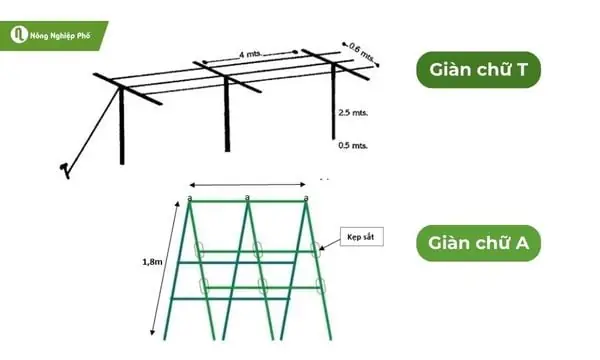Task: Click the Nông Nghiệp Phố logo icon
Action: pos(18,35)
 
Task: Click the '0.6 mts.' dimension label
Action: pos(363,50)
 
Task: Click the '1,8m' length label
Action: pos(153,262)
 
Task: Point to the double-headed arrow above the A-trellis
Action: pos(247,184)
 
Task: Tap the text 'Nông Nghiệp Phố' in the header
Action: pos(64,35)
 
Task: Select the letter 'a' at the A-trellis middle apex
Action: pos(247,197)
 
